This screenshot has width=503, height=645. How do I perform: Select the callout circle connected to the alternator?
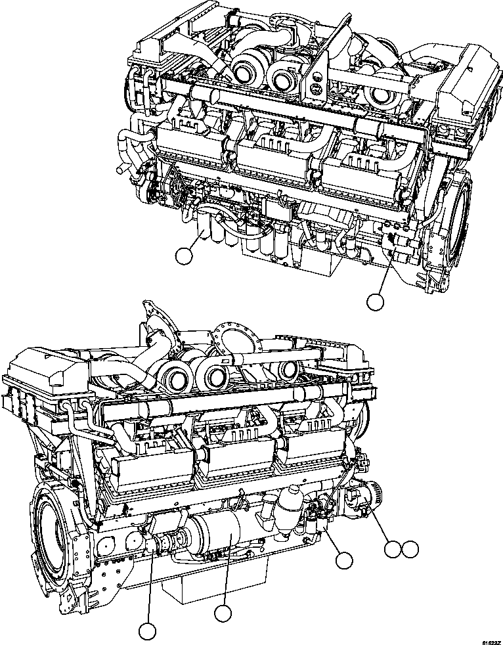point(393,549)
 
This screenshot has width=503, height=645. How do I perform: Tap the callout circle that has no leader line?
point(410,549)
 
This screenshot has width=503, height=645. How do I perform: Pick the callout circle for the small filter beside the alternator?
point(343,560)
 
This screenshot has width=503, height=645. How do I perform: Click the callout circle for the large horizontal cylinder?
point(223,613)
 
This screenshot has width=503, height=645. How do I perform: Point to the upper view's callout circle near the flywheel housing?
point(374,301)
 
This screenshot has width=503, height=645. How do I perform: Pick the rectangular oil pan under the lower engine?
point(217,578)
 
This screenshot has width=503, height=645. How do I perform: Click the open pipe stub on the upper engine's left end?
point(120,169)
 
